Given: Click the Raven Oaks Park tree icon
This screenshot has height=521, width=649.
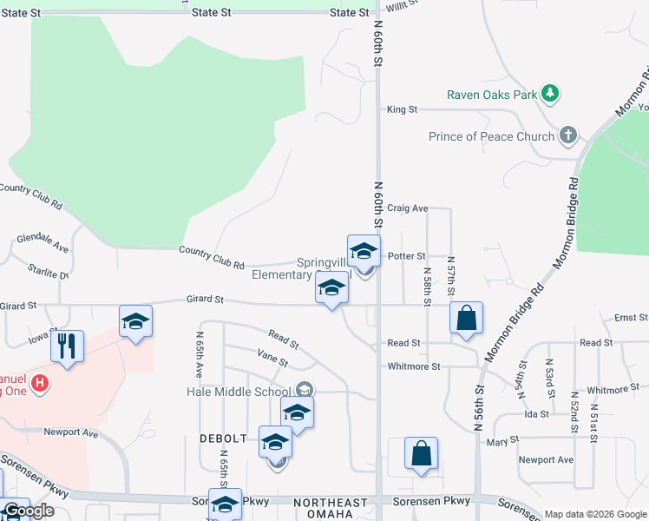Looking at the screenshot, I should (549, 93).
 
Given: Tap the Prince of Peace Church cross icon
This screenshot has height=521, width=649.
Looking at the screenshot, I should (568, 135).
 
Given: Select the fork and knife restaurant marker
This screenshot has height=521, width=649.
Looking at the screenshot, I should (67, 346).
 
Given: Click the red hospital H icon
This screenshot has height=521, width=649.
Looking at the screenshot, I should (39, 382).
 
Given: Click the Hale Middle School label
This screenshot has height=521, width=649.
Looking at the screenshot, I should (238, 392).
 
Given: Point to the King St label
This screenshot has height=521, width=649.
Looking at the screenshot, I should (403, 109).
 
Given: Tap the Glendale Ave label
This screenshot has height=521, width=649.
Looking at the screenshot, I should (43, 242).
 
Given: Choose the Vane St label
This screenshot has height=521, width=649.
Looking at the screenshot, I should (272, 356).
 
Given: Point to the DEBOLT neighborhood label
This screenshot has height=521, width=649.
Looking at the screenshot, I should (224, 439).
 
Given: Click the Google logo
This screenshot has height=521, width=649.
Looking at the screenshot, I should (28, 511).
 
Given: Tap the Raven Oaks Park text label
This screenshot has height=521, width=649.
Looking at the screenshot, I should (492, 95).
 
